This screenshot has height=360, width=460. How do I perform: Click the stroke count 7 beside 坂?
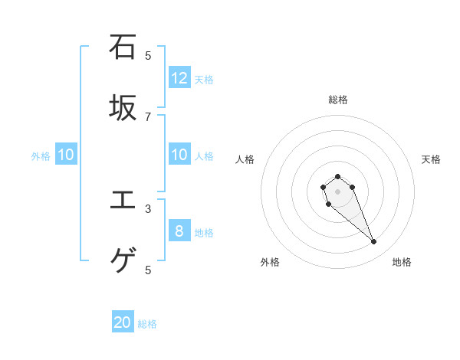click(x=148, y=116)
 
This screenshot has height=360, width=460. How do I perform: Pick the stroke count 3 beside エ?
click(x=148, y=208)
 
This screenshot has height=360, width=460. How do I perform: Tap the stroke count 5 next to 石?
click(x=148, y=55)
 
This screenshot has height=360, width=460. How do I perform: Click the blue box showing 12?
click(x=179, y=77)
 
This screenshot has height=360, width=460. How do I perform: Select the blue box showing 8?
click(x=179, y=231)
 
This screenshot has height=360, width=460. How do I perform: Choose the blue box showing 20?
click(x=123, y=322)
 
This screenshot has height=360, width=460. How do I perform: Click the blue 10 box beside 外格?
click(x=66, y=155)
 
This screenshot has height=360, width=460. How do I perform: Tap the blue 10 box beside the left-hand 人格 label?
click(x=179, y=155)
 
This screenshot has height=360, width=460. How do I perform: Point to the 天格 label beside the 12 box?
click(x=204, y=79)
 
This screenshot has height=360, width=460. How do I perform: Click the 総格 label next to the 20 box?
click(x=147, y=324)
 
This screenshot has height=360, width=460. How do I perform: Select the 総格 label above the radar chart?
click(x=338, y=99)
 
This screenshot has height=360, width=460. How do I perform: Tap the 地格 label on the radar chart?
click(x=402, y=262)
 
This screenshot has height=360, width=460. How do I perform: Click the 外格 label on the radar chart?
click(x=270, y=262)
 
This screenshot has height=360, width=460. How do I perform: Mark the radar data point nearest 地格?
click(x=374, y=242)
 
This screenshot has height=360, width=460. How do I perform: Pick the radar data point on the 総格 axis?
click(x=337, y=176)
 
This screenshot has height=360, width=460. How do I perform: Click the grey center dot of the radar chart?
click(x=337, y=191)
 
